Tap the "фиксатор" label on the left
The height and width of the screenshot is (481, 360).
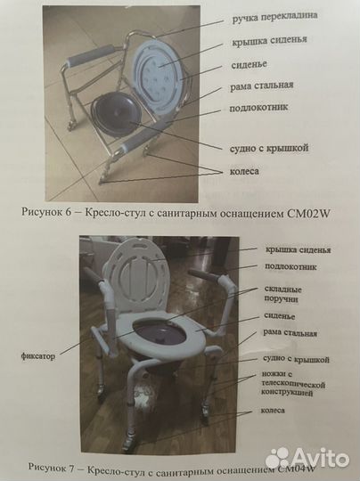coord(38,355)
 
